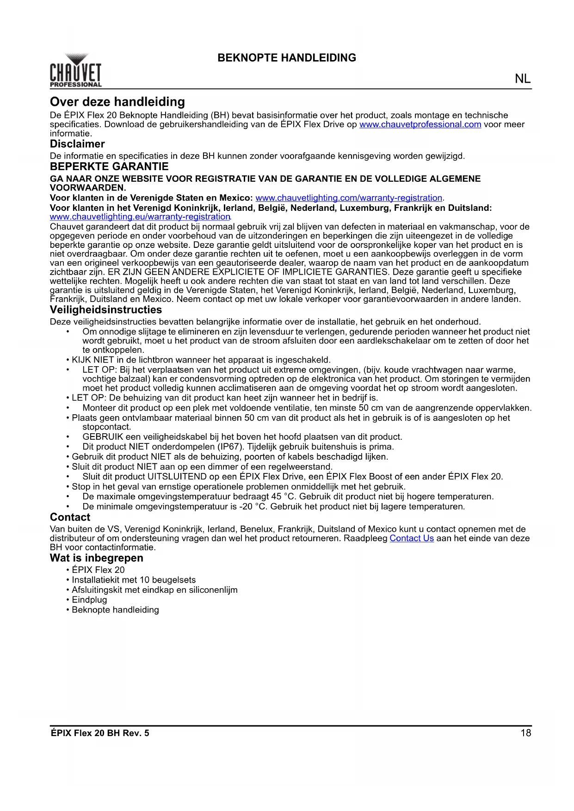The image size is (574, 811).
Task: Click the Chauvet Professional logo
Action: [x=75, y=71]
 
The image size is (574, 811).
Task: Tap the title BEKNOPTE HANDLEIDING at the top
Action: [x=287, y=58]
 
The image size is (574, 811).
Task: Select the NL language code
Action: [x=523, y=79]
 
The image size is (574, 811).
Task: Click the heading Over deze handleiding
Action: [x=117, y=102]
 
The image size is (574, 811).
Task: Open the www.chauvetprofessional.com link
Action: [x=420, y=124]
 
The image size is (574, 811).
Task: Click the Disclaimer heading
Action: [x=77, y=144]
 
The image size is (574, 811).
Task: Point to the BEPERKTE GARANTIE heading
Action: [x=109, y=166]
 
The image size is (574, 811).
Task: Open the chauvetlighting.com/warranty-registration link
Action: [x=349, y=198]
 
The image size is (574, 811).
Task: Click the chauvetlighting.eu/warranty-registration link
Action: [x=140, y=217]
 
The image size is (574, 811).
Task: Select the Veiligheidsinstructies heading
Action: [x=106, y=310]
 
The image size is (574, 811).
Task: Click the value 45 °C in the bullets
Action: [x=283, y=497]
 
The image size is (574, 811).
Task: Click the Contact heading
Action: [x=70, y=517]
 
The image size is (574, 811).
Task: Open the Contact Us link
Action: [x=412, y=538]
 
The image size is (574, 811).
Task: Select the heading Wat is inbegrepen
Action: [x=97, y=558]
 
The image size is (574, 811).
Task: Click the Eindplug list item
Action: [x=89, y=600]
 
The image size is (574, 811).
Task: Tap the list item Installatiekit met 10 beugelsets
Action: [x=134, y=580]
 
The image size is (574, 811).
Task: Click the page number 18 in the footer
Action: [x=526, y=733]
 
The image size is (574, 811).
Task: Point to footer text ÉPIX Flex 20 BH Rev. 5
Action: [x=100, y=733]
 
